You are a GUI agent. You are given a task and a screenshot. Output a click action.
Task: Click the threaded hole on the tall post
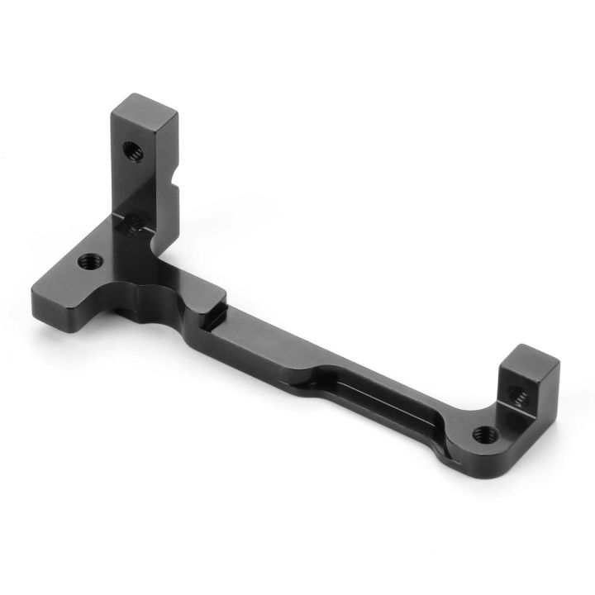(131, 151)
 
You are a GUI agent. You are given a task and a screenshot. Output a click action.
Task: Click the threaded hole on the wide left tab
(90, 262)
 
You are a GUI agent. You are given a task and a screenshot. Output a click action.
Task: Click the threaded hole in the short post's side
(520, 397)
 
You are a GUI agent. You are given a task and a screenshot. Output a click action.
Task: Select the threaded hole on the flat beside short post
(482, 432)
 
